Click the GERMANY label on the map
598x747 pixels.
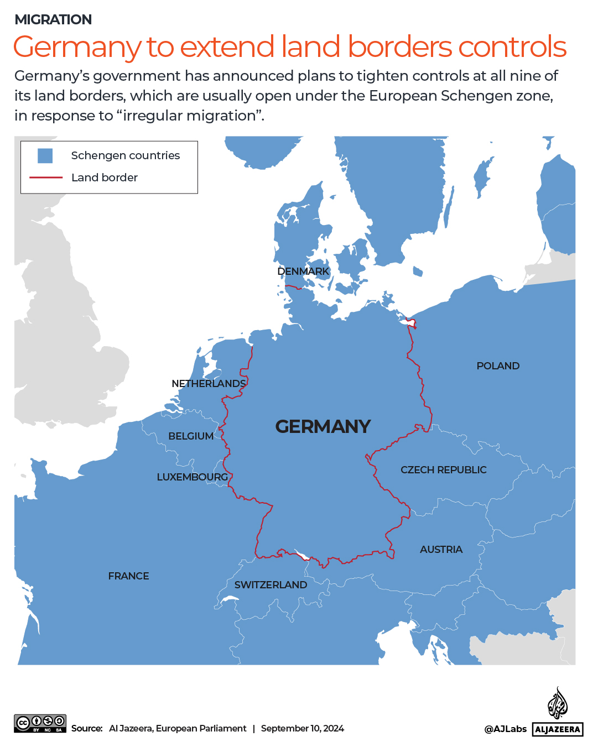pos(323,426)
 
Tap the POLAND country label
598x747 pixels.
pos(498,366)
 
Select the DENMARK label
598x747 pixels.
pos(303,271)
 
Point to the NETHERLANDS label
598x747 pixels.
pos(209,384)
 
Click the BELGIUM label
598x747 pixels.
pos(191,436)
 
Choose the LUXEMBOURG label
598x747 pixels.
pos(192,477)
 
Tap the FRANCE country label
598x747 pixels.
pos(128,576)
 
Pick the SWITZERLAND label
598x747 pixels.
pos(271,585)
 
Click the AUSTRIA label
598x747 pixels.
pos(441,550)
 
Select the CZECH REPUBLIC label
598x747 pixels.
pos(443,470)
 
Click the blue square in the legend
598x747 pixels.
pos(45,156)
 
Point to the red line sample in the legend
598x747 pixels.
pos(46,177)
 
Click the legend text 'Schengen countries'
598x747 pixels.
pos(126,156)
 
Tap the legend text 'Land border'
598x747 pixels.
pos(105,177)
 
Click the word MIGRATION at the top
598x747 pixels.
pos(53,20)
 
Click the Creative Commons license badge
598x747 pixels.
pos(40,723)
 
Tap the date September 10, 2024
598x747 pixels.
pos(302,729)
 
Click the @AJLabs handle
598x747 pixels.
pos(505,729)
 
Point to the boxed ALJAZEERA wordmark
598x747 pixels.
pos(558,729)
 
